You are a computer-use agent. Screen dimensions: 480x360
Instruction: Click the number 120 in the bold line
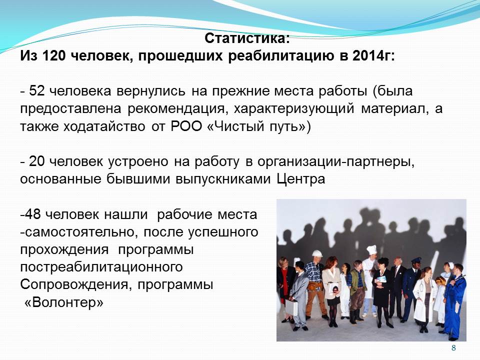53,56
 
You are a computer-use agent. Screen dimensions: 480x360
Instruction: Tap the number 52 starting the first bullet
36,91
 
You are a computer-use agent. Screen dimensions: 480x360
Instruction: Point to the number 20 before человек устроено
36,161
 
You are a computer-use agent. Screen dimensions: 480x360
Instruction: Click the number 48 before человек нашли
33,214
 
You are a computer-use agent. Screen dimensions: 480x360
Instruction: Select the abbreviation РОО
186,126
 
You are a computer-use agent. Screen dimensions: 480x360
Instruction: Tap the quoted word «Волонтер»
63,303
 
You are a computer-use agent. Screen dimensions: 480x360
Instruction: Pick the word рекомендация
177,109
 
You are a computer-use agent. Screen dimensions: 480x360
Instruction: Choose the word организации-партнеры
335,162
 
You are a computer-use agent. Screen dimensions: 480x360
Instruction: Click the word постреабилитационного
101,267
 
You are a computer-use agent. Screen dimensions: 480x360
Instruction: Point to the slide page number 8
453,348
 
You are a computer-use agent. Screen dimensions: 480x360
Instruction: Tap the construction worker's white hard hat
317,253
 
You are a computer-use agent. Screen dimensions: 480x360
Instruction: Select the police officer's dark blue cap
416,260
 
